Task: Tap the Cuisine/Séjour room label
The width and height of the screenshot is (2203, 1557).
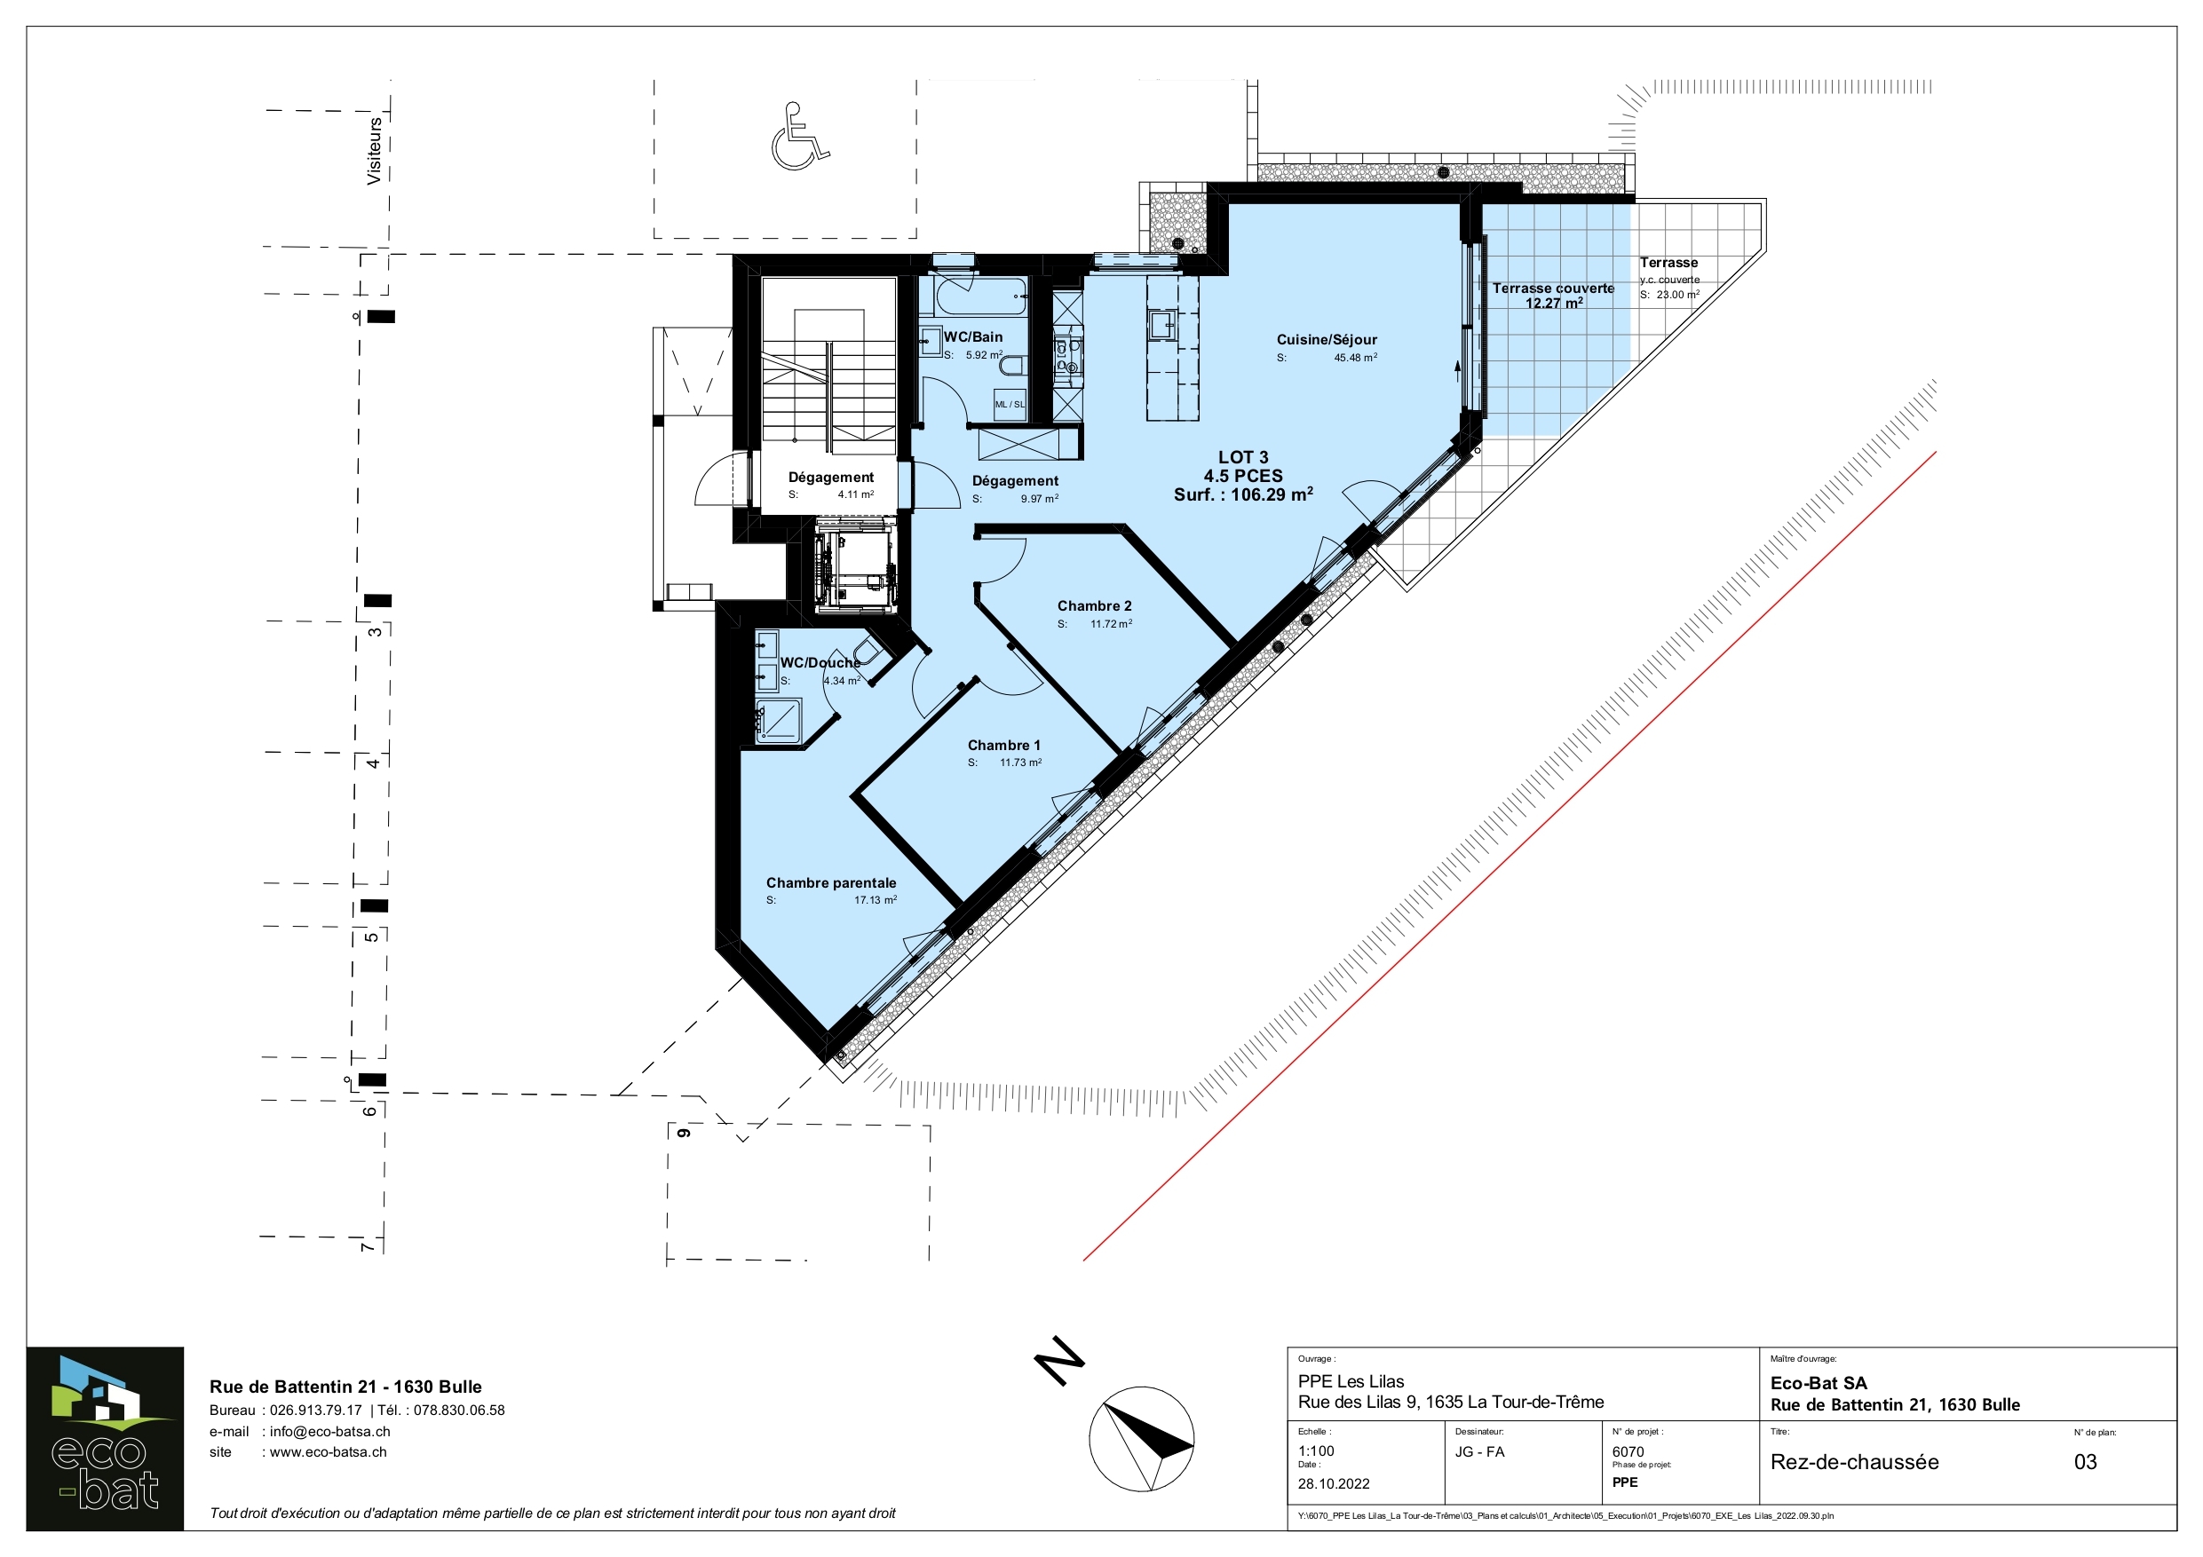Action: point(1326,340)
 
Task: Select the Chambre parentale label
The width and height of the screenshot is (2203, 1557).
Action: point(831,882)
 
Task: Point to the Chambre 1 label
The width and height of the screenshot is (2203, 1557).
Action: point(1003,746)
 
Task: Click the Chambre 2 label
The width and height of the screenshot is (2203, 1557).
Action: point(1094,606)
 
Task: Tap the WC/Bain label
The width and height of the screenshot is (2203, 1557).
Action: point(973,336)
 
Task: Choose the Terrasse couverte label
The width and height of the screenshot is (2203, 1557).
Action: point(1552,288)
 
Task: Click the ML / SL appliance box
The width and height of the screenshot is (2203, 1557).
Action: point(1010,405)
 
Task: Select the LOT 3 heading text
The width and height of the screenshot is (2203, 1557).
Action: point(1243,458)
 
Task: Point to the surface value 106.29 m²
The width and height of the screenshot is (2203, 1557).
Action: point(1272,494)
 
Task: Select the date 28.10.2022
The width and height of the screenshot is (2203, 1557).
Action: point(1334,1483)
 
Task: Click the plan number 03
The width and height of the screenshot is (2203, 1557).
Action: point(2085,1462)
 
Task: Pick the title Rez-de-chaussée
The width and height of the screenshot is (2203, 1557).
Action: point(1855,1462)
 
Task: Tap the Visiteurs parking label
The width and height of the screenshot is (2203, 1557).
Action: point(374,151)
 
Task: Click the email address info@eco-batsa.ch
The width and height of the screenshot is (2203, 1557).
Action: point(330,1431)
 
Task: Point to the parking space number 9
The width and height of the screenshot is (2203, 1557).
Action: point(684,1133)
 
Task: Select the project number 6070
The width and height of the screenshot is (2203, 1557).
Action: point(1628,1451)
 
